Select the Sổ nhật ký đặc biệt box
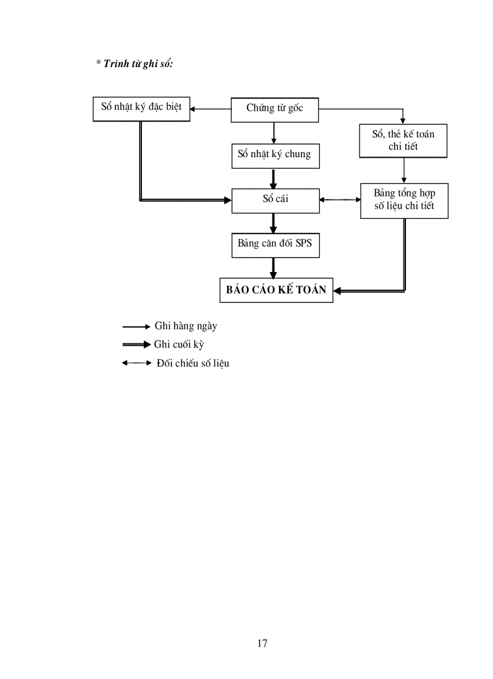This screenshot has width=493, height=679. (x=141, y=109)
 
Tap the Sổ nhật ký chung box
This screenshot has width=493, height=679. (x=275, y=155)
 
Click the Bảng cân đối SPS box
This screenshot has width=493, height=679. (x=275, y=245)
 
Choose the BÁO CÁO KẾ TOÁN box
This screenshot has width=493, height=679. (x=276, y=290)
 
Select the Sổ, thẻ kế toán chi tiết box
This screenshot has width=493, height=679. (x=403, y=140)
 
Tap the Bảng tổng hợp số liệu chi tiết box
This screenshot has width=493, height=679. (x=404, y=201)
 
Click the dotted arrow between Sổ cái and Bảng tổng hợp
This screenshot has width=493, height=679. (x=340, y=200)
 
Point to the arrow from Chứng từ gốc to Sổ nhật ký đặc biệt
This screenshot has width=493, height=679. (x=211, y=109)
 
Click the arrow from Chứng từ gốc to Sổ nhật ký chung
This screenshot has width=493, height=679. (x=274, y=132)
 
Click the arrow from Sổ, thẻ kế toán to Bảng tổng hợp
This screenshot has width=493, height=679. (x=404, y=171)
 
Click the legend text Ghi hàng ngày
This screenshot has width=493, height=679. (x=185, y=327)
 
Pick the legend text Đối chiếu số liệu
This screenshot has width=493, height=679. (x=192, y=363)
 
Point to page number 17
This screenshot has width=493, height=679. (x=262, y=643)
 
